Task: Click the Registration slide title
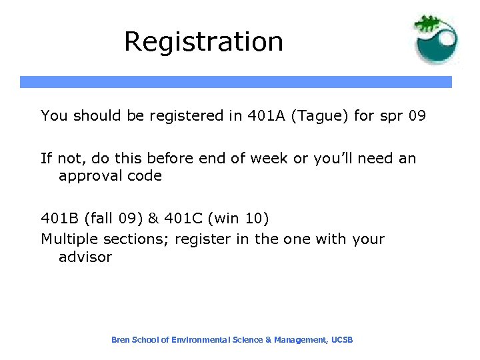pyautogui.click(x=203, y=41)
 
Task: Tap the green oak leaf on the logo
pyautogui.click(x=427, y=24)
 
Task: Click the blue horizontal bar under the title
pyautogui.click(x=235, y=82)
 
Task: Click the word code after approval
pyautogui.click(x=144, y=176)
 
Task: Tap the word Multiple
pyautogui.click(x=67, y=239)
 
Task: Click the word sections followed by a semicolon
pyautogui.click(x=130, y=239)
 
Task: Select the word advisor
pyautogui.click(x=85, y=257)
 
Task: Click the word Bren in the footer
pyautogui.click(x=121, y=340)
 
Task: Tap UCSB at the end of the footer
pyautogui.click(x=341, y=340)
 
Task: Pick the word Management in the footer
pyautogui.click(x=300, y=340)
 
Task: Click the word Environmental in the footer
pyautogui.click(x=199, y=340)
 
